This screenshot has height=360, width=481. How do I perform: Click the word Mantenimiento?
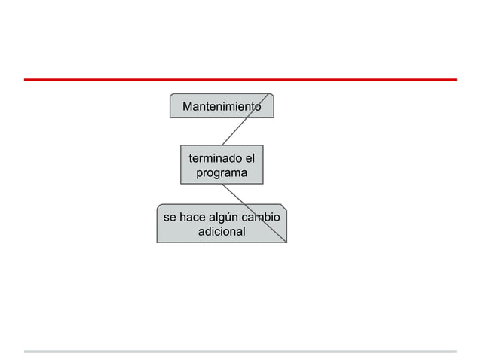pyautogui.click(x=222, y=107)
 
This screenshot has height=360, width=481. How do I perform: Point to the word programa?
pyautogui.click(x=222, y=173)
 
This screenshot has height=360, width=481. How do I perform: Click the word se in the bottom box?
pyautogui.click(x=170, y=218)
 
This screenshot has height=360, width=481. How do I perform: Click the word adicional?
pyautogui.click(x=222, y=231)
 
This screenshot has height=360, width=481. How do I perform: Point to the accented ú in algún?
pyautogui.click(x=234, y=218)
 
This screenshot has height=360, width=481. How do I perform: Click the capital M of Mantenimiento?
pyautogui.click(x=188, y=107)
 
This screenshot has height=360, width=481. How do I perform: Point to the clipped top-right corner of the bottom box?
pyautogui.click(x=283, y=206)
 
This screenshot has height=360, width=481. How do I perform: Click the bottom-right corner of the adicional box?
pyautogui.click(x=286, y=243)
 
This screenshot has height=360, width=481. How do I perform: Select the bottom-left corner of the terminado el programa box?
pyautogui.click(x=181, y=183)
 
